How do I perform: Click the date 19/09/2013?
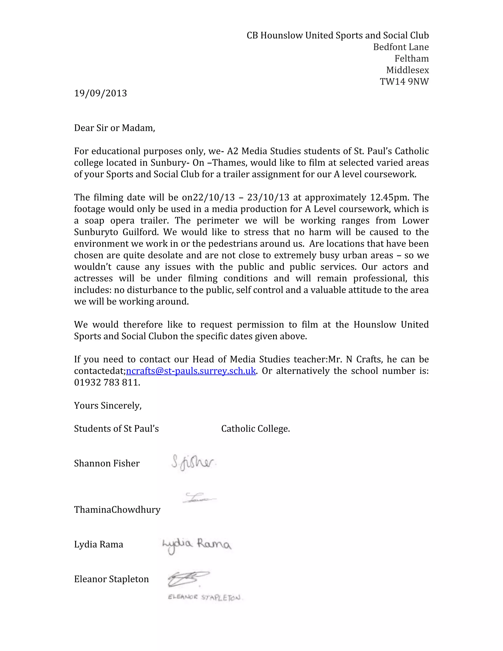coord(100,93)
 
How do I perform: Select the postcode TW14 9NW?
coord(404,82)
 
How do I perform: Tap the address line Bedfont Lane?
coord(401,47)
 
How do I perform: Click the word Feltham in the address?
coord(412,59)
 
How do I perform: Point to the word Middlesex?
coord(407,70)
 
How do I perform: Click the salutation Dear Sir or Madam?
coord(114,128)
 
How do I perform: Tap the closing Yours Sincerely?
coord(108,406)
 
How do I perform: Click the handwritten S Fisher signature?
coord(193,463)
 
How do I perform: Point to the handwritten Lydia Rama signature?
coord(197,545)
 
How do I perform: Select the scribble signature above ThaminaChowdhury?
coord(199,498)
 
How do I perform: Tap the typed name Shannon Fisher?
coord(107,464)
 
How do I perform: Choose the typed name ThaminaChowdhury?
coord(117,510)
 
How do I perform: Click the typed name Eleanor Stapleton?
coord(111,579)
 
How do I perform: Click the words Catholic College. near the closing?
coord(255,429)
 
